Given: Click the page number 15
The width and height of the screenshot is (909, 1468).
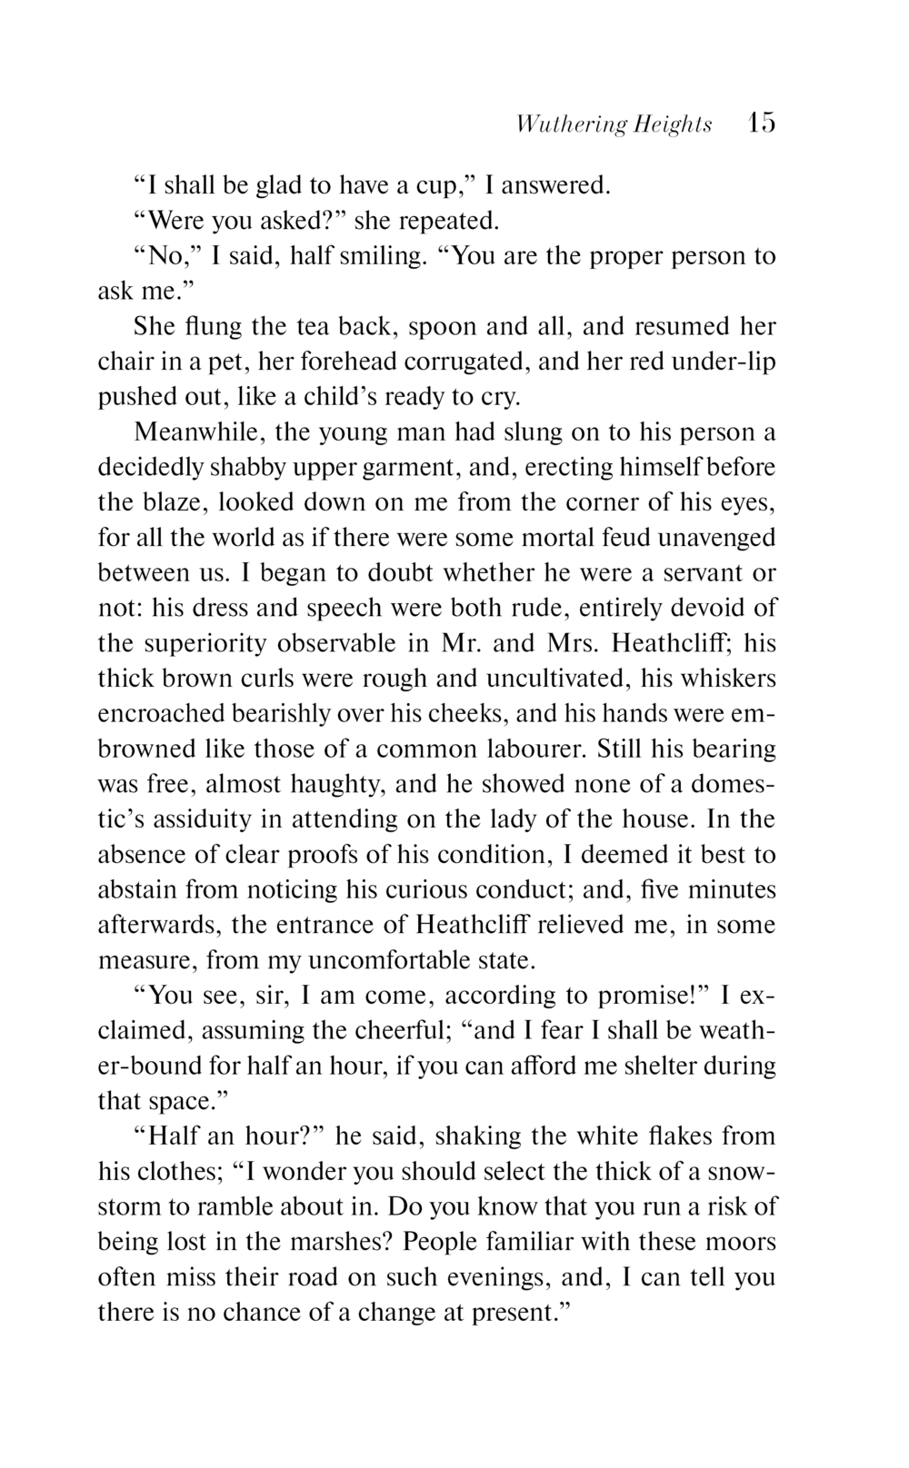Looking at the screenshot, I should pyautogui.click(x=761, y=123).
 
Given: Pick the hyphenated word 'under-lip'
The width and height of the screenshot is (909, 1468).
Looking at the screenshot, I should pyautogui.click(x=724, y=362).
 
